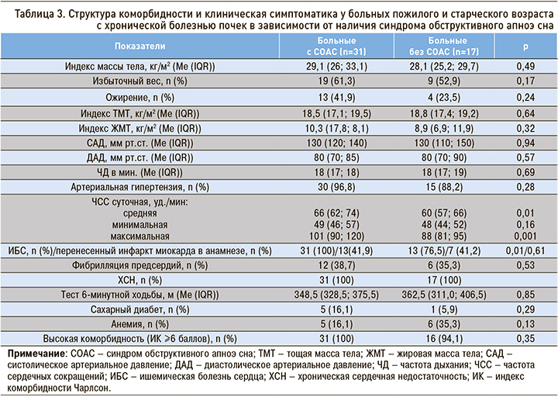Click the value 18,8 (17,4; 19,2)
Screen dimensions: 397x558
click(x=448, y=113)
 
